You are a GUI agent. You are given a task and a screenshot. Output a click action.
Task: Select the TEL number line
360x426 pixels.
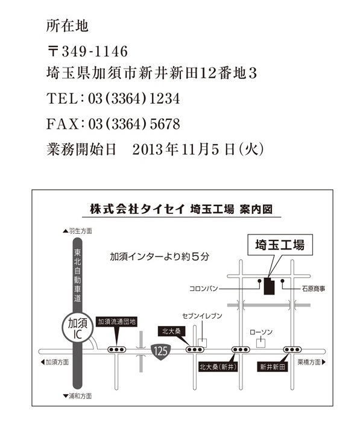(x=113, y=98)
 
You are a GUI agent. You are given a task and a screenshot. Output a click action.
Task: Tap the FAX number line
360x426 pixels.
(x=113, y=124)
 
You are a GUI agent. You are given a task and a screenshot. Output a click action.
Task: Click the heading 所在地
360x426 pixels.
(x=67, y=26)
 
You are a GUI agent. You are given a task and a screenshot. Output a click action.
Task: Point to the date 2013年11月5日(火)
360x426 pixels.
(x=198, y=149)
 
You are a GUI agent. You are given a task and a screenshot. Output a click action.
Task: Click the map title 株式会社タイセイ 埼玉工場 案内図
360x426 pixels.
(x=182, y=209)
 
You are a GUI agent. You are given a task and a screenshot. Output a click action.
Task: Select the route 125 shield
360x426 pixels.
(x=160, y=351)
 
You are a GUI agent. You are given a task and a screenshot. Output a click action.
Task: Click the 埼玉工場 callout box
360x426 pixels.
(x=280, y=245)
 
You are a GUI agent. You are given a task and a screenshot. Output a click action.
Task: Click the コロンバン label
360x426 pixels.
(x=204, y=289)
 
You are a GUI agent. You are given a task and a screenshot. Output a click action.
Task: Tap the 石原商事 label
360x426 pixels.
(x=314, y=289)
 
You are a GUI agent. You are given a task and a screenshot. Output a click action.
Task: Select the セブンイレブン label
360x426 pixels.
(x=202, y=316)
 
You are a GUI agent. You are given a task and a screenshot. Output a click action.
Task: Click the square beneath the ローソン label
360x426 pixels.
(x=261, y=343)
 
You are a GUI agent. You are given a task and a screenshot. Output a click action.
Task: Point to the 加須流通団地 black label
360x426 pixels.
(x=117, y=322)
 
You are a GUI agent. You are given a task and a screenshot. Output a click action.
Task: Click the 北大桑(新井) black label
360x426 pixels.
(x=218, y=367)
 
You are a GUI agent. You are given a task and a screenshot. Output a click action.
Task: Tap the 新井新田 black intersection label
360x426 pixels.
(x=273, y=367)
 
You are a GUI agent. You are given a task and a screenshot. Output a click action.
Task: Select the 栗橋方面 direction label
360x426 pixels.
(x=312, y=362)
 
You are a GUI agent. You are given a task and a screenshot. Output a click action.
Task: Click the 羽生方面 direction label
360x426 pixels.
(x=78, y=231)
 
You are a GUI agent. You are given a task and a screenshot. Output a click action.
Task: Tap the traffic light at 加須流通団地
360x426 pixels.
(x=117, y=349)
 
